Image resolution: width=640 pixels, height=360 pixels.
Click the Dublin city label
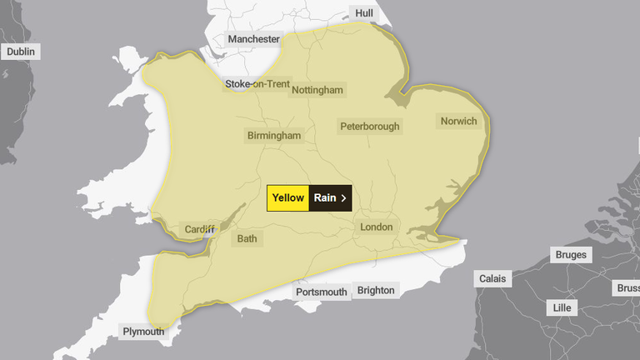pos(21,52)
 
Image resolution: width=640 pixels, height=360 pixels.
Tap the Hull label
pos(364,13)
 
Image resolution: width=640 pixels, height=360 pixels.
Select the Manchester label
pos(253,39)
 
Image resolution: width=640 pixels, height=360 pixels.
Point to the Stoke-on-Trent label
pos(257,84)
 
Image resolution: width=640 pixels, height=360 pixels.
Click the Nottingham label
pos(317,90)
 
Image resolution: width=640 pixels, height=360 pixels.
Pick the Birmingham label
pos(274,136)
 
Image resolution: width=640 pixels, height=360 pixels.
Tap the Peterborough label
pos(370,127)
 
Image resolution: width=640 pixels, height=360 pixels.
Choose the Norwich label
pos(458,122)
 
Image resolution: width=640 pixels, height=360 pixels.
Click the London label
pos(376,227)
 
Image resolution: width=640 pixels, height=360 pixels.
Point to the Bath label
pos(247,239)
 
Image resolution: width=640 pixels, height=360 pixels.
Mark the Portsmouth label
pos(322,292)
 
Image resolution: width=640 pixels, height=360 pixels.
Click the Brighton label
pos(376,290)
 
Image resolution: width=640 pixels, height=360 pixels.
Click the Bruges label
pos(571,255)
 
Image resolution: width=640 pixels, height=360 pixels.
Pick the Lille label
pos(563,308)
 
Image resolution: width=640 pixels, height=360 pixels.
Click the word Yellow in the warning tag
pos(288,198)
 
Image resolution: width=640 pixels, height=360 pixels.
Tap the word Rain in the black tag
pos(325,198)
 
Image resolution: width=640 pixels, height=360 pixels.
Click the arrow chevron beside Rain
pos(343,198)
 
